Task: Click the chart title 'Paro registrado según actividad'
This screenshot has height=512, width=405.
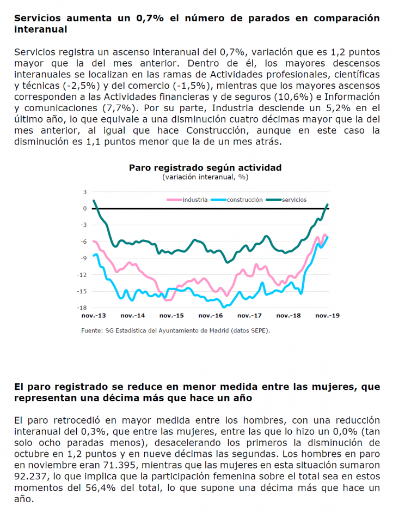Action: [x=205, y=168]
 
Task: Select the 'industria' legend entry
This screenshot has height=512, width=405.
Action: [x=187, y=200]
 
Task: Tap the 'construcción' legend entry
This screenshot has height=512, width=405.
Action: [x=237, y=200]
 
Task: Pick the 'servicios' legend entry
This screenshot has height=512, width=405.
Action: [x=286, y=200]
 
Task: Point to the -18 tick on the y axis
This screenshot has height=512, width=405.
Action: [x=82, y=308]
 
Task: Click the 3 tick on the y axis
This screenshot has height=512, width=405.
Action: [x=85, y=192]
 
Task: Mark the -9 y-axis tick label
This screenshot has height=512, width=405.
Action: [x=83, y=258]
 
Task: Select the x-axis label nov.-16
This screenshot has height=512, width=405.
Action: [x=211, y=316]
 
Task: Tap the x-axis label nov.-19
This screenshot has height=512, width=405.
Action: [x=327, y=316]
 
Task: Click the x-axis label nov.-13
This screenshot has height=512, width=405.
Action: [x=94, y=316]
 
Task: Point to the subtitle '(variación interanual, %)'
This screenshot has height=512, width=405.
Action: [x=205, y=177]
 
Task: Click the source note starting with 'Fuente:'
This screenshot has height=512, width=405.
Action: [x=175, y=330]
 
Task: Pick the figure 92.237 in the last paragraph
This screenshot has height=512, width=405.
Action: [x=30, y=477]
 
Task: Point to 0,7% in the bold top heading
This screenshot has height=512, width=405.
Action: [x=150, y=19]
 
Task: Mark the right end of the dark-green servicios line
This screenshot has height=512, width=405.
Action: [x=328, y=204]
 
